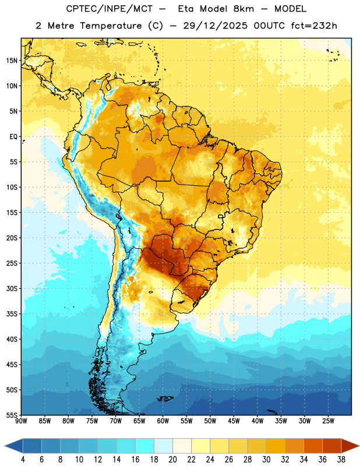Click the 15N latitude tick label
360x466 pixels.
click(12, 61)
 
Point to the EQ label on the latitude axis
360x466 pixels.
click(13, 137)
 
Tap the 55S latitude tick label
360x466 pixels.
click(12, 415)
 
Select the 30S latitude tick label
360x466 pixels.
click(12, 288)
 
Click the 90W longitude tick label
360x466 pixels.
click(22, 421)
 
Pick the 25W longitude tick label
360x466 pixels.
click(328, 421)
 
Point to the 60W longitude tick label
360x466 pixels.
click(163, 421)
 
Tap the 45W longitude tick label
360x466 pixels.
click(234, 421)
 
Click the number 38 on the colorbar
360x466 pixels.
click(341, 460)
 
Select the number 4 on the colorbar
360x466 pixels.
click(23, 460)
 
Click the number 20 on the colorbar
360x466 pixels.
click(172, 460)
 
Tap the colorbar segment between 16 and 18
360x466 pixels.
click(145, 446)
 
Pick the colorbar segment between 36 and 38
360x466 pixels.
click(332, 446)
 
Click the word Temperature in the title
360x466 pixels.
click(111, 26)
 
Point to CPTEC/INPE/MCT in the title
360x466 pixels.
click(109, 9)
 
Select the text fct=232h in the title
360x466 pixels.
click(314, 26)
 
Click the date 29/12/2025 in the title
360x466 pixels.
click(215, 26)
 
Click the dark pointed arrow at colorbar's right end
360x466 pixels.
click(350, 446)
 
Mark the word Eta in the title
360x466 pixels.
click(185, 9)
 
